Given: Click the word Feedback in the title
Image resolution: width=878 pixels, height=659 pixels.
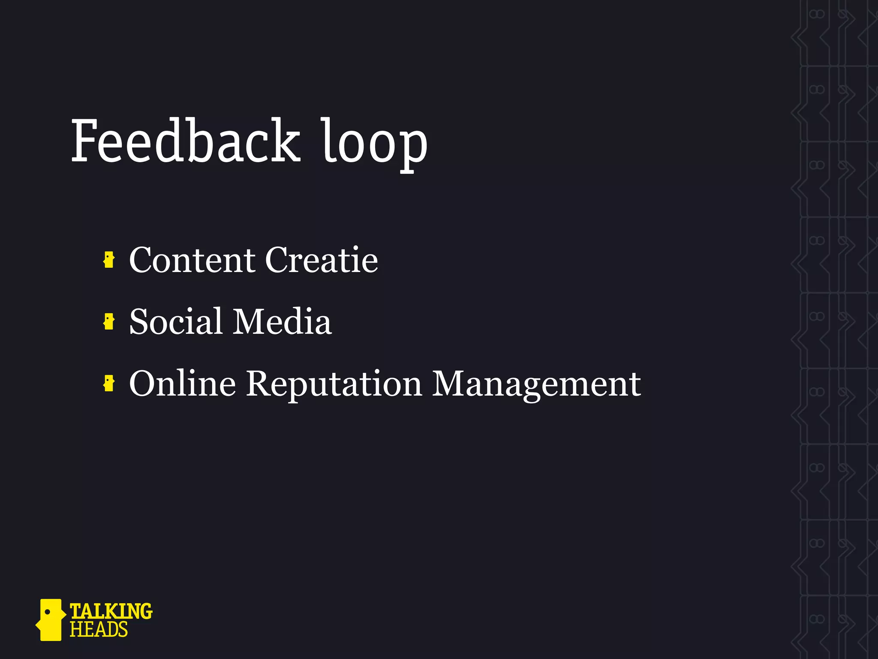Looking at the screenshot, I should (x=185, y=142).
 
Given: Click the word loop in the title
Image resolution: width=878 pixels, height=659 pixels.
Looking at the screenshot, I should (x=374, y=144).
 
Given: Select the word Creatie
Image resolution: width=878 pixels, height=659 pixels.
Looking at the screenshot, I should (x=322, y=260).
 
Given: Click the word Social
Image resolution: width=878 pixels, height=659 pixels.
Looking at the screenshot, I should (x=176, y=321).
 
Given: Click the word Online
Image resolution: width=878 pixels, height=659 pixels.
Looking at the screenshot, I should (x=182, y=383).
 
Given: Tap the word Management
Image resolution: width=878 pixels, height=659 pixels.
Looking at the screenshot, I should (x=536, y=384).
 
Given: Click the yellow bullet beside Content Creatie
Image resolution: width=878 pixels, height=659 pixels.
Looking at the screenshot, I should (x=109, y=260).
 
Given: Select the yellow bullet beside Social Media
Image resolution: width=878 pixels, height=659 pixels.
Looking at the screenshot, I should (x=109, y=322).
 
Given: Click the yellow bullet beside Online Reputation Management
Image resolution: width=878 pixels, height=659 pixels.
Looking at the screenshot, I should (x=109, y=383).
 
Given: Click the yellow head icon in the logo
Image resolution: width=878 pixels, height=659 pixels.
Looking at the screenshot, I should (x=51, y=620).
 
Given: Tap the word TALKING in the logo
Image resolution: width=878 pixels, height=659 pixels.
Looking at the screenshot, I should (x=111, y=611).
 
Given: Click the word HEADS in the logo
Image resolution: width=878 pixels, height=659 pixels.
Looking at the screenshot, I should (x=99, y=630).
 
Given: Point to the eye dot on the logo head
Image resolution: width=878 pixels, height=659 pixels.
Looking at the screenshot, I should (x=48, y=611).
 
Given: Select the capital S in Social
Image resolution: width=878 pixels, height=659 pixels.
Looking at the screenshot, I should (x=139, y=321).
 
